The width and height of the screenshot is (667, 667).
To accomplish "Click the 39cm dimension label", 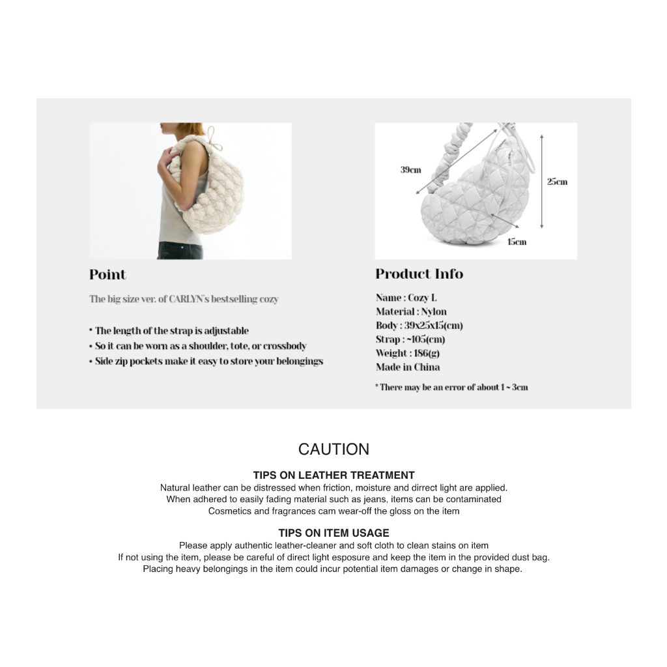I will pyautogui.click(x=410, y=170).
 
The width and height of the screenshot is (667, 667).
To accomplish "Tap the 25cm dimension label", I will pyautogui.click(x=557, y=181).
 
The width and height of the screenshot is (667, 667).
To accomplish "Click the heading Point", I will pyautogui.click(x=107, y=274).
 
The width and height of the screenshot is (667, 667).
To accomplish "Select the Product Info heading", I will pyautogui.click(x=419, y=274).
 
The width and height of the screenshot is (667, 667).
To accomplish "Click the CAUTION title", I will pyautogui.click(x=333, y=449).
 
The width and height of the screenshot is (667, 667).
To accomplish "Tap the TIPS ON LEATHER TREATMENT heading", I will pyautogui.click(x=333, y=475).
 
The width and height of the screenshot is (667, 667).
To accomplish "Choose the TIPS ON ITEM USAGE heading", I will pyautogui.click(x=333, y=533).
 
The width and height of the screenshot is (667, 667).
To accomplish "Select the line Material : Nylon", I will pyautogui.click(x=411, y=311).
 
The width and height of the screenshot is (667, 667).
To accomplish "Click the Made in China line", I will pyautogui.click(x=408, y=367).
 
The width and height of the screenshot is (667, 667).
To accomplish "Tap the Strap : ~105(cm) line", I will pyautogui.click(x=410, y=339).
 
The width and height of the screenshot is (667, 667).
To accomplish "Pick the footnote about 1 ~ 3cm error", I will pyautogui.click(x=451, y=387).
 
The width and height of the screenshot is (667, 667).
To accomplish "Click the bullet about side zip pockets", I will pyautogui.click(x=206, y=361).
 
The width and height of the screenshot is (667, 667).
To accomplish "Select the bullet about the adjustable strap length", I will pyautogui.click(x=169, y=331).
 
